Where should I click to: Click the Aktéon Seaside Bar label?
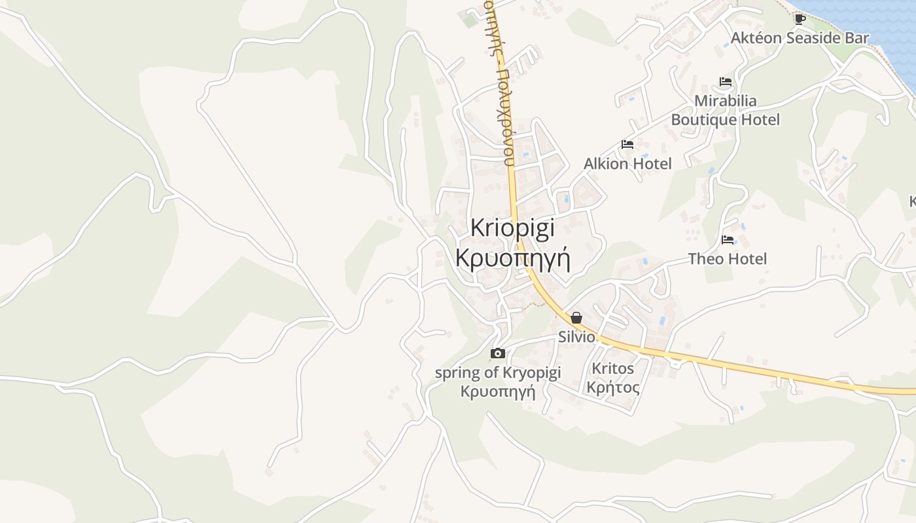tap(800, 38)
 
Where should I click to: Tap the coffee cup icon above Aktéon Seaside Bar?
tap(800, 18)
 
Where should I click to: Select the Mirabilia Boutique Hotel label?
tap(725, 110)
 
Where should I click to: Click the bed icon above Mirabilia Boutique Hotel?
tap(725, 82)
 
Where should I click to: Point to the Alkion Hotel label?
tap(627, 163)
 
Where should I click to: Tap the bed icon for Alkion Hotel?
tap(627, 144)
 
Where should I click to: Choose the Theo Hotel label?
tap(727, 259)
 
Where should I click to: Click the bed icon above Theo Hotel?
tap(727, 240)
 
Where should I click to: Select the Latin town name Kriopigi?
tap(512, 228)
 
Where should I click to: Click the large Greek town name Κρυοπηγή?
tap(512, 259)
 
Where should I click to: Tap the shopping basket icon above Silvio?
tap(576, 318)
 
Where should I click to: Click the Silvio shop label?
tap(576, 337)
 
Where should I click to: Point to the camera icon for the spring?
tap(498, 354)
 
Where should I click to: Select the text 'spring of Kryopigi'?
tap(498, 373)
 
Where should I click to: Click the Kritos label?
tap(612, 369)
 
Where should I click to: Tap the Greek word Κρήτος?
tap(612, 388)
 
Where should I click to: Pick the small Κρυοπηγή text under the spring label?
tap(498, 392)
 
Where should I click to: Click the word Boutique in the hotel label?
tap(704, 120)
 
